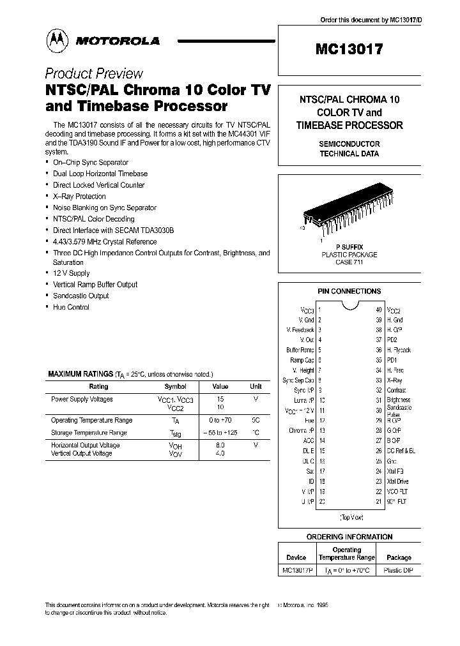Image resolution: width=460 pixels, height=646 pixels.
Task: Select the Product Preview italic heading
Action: pos(94,73)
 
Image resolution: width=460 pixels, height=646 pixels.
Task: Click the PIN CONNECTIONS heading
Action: pos(349,292)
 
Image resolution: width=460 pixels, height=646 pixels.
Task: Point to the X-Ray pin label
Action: pos(394,380)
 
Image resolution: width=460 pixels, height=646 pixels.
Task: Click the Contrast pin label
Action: pos(396,390)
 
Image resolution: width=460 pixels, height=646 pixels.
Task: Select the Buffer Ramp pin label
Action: pos(300,350)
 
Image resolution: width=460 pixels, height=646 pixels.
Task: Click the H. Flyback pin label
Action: pos(399,350)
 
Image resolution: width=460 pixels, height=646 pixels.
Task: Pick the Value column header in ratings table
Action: pos(220,386)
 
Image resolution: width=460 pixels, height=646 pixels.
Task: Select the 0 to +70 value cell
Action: pos(220,421)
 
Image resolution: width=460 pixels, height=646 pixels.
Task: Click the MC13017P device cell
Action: pos(296,571)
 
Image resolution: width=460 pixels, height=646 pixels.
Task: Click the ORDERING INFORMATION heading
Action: pos(349,537)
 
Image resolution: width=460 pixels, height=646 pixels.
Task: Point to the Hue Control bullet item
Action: pos(71,307)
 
